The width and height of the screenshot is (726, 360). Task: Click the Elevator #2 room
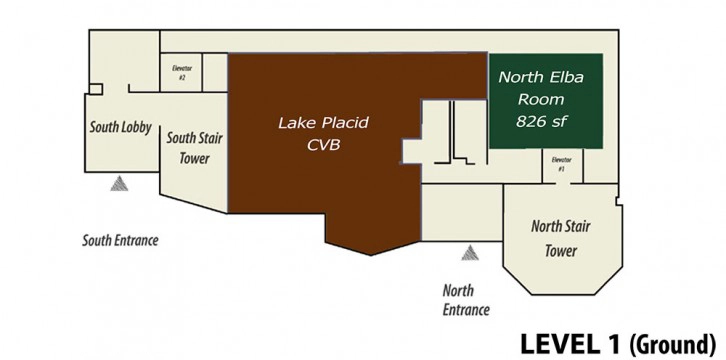181,72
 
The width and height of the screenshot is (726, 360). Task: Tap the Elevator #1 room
562,165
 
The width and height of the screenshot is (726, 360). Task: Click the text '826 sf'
541,121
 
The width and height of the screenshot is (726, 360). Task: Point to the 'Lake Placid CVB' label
323,134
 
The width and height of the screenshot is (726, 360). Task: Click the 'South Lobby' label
120,127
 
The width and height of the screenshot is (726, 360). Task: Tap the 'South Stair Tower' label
194,148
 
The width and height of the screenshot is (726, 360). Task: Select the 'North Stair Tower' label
561,239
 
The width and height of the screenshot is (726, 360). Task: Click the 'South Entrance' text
120,241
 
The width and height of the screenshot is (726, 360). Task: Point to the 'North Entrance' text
466,300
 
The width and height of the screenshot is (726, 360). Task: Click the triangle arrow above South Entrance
119,184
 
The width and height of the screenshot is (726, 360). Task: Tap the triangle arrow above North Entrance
469,253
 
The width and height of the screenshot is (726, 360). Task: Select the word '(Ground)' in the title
672,345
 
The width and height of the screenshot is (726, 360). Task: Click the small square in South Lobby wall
96,89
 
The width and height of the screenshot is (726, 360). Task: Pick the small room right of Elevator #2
215,72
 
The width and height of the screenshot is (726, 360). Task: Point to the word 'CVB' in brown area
323,145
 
